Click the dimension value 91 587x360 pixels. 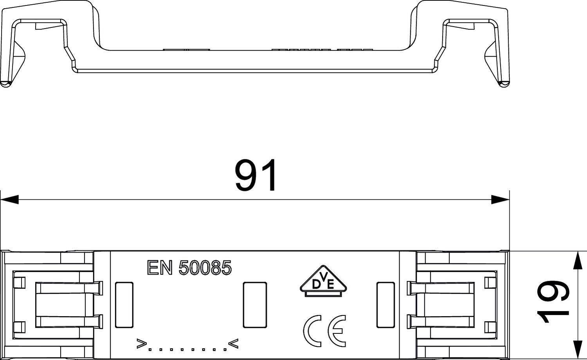pyautogui.click(x=256, y=175)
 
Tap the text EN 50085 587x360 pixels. pyautogui.click(x=189, y=268)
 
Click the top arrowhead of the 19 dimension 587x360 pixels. pyautogui.click(x=578, y=261)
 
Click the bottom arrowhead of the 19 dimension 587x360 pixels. pyautogui.click(x=578, y=350)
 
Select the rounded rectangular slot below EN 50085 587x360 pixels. pyautogui.click(x=254, y=305)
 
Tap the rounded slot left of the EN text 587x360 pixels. pyautogui.click(x=124, y=305)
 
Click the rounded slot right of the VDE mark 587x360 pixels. pyautogui.click(x=385, y=305)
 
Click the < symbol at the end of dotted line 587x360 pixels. pyautogui.click(x=233, y=344)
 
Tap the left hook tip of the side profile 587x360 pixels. pyautogui.click(x=5, y=83)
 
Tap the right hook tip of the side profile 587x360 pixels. pyautogui.click(x=504, y=83)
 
